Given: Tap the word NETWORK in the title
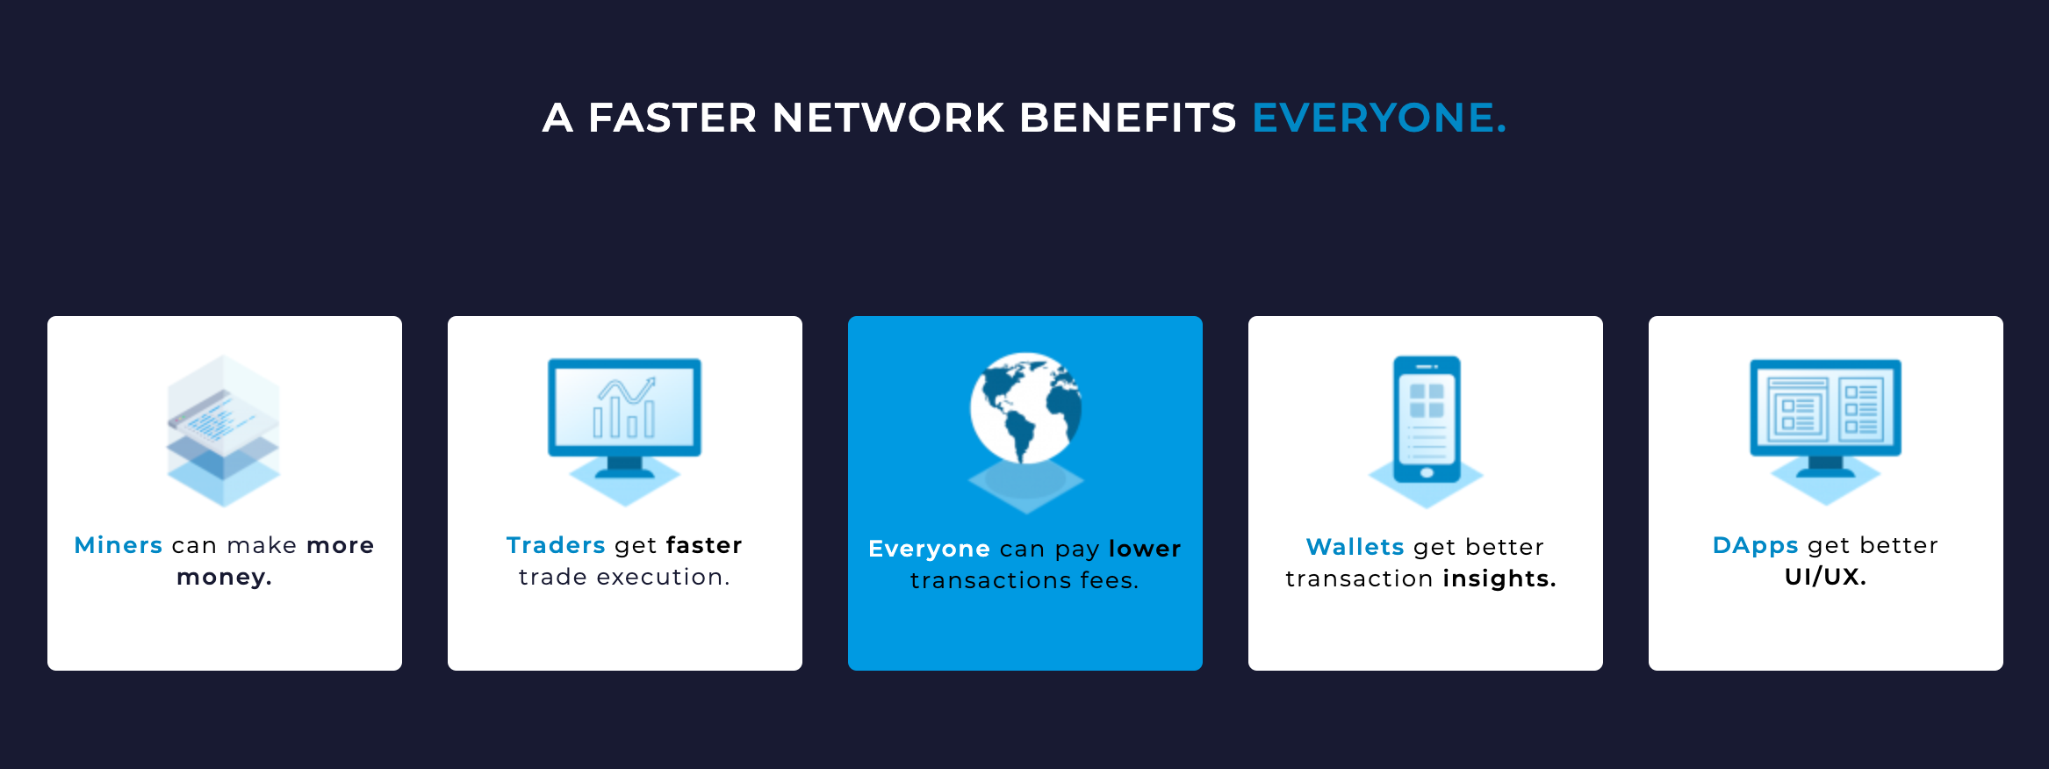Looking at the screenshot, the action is tap(888, 118).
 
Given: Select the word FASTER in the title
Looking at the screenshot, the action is tap(672, 118).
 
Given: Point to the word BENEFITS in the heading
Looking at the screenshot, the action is tap(1128, 118).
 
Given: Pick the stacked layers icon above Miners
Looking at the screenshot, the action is tap(224, 431).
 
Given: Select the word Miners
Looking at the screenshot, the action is tap(119, 545).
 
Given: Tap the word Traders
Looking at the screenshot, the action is tap(556, 545).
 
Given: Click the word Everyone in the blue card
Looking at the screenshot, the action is tap(929, 550).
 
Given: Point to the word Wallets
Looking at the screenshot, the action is tap(1355, 547).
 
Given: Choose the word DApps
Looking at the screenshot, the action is tap(1756, 546).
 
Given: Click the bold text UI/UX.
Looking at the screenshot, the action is tap(1826, 577).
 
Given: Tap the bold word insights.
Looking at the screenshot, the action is tap(1499, 579).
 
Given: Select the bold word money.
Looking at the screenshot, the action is tap(225, 578).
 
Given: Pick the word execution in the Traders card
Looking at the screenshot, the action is tap(664, 577).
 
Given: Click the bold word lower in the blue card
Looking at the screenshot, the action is tap(1145, 549).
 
